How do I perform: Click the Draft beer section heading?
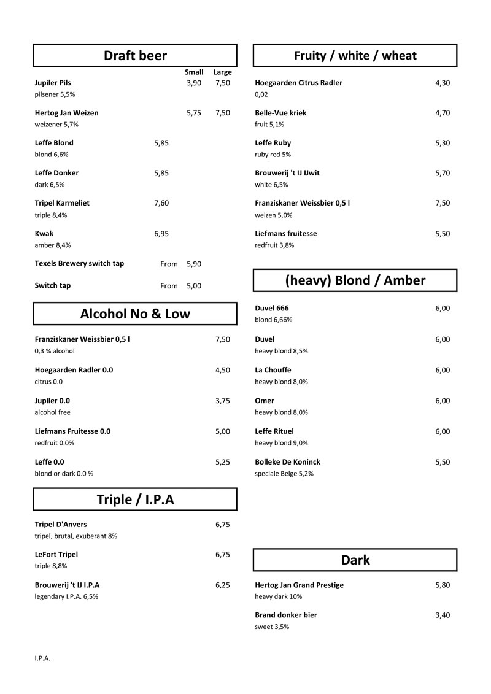(x=135, y=56)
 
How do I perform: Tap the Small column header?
(x=194, y=72)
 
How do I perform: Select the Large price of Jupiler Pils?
(x=223, y=83)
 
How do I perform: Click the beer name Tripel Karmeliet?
(x=62, y=203)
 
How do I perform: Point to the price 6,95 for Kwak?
(x=161, y=234)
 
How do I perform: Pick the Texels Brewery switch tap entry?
(x=79, y=264)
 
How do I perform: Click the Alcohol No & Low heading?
(x=135, y=314)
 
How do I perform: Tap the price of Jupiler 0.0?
(x=223, y=401)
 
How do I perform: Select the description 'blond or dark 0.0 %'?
(x=64, y=474)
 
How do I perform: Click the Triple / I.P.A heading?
(x=135, y=499)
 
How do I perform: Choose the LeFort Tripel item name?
(x=56, y=555)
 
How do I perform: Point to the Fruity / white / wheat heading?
(x=355, y=56)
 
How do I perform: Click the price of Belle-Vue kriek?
(x=443, y=113)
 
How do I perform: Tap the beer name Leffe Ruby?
(x=273, y=143)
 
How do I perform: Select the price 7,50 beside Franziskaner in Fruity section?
(x=443, y=203)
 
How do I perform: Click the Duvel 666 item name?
(x=271, y=309)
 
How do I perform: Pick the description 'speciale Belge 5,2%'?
(x=284, y=474)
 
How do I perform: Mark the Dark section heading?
(x=355, y=560)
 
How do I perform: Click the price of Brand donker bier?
(x=443, y=615)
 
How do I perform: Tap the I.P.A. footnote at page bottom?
(x=42, y=658)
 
